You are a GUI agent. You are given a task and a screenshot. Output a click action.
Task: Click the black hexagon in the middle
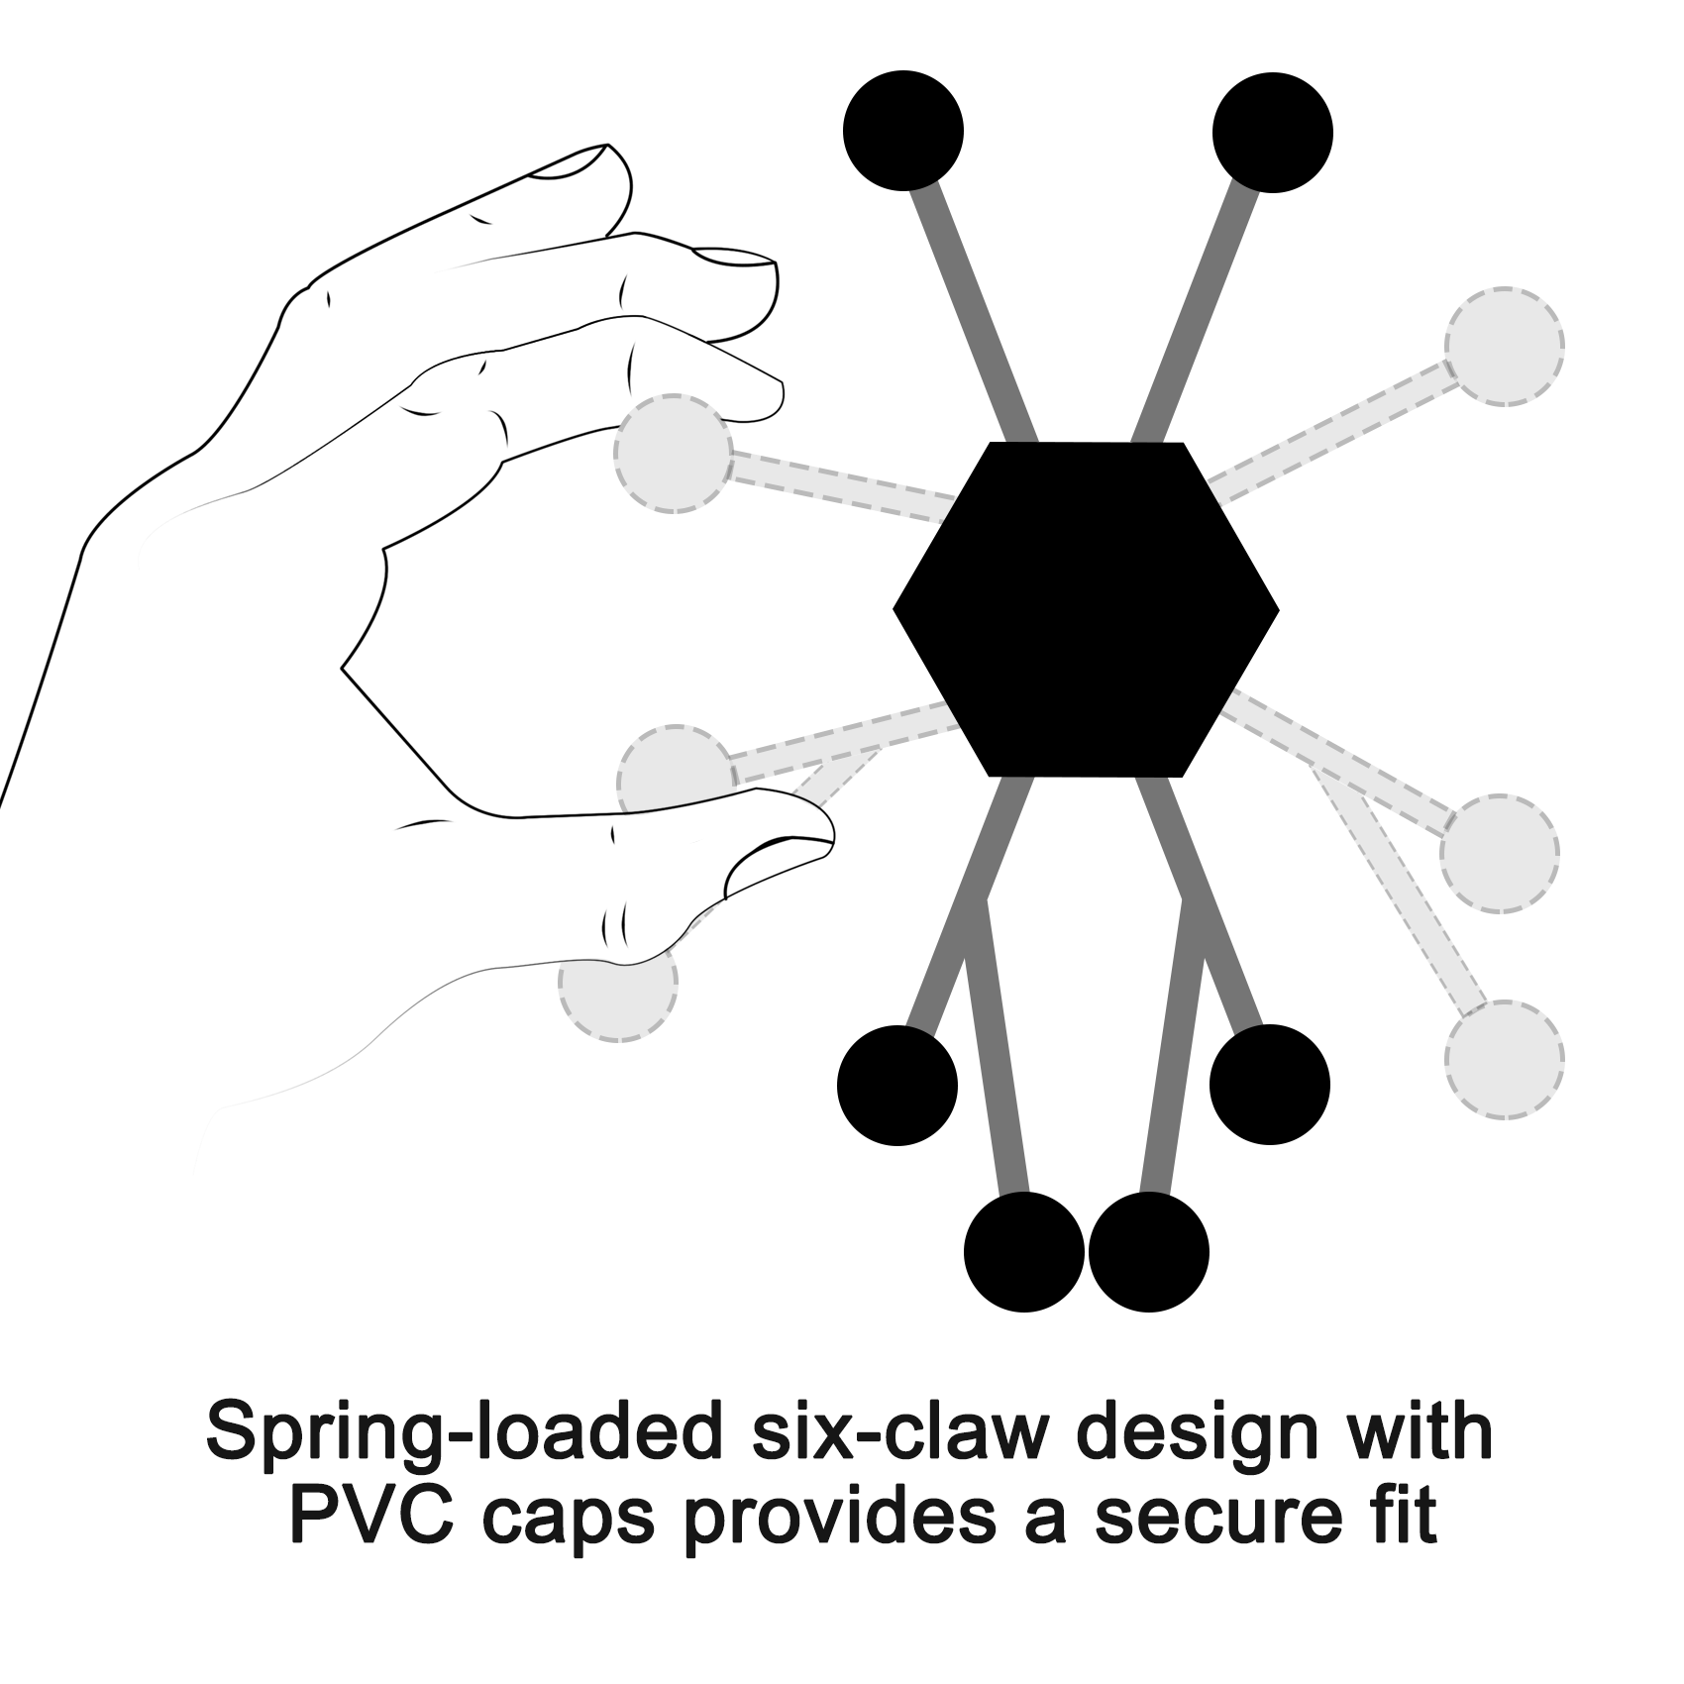pos(1086,609)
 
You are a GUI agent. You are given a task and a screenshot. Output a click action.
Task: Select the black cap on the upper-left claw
pos(903,130)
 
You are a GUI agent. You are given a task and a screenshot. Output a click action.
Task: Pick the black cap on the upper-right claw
pos(1273,132)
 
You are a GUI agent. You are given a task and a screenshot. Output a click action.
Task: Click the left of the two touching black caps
pos(1024,1251)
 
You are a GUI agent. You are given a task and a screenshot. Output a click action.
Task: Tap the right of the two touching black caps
pos(1149,1252)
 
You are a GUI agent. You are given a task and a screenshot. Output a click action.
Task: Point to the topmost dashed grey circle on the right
pos(1504,347)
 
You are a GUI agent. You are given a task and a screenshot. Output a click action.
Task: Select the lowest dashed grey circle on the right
pos(1505,1059)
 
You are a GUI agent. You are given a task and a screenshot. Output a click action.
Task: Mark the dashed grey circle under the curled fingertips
pos(674,454)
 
